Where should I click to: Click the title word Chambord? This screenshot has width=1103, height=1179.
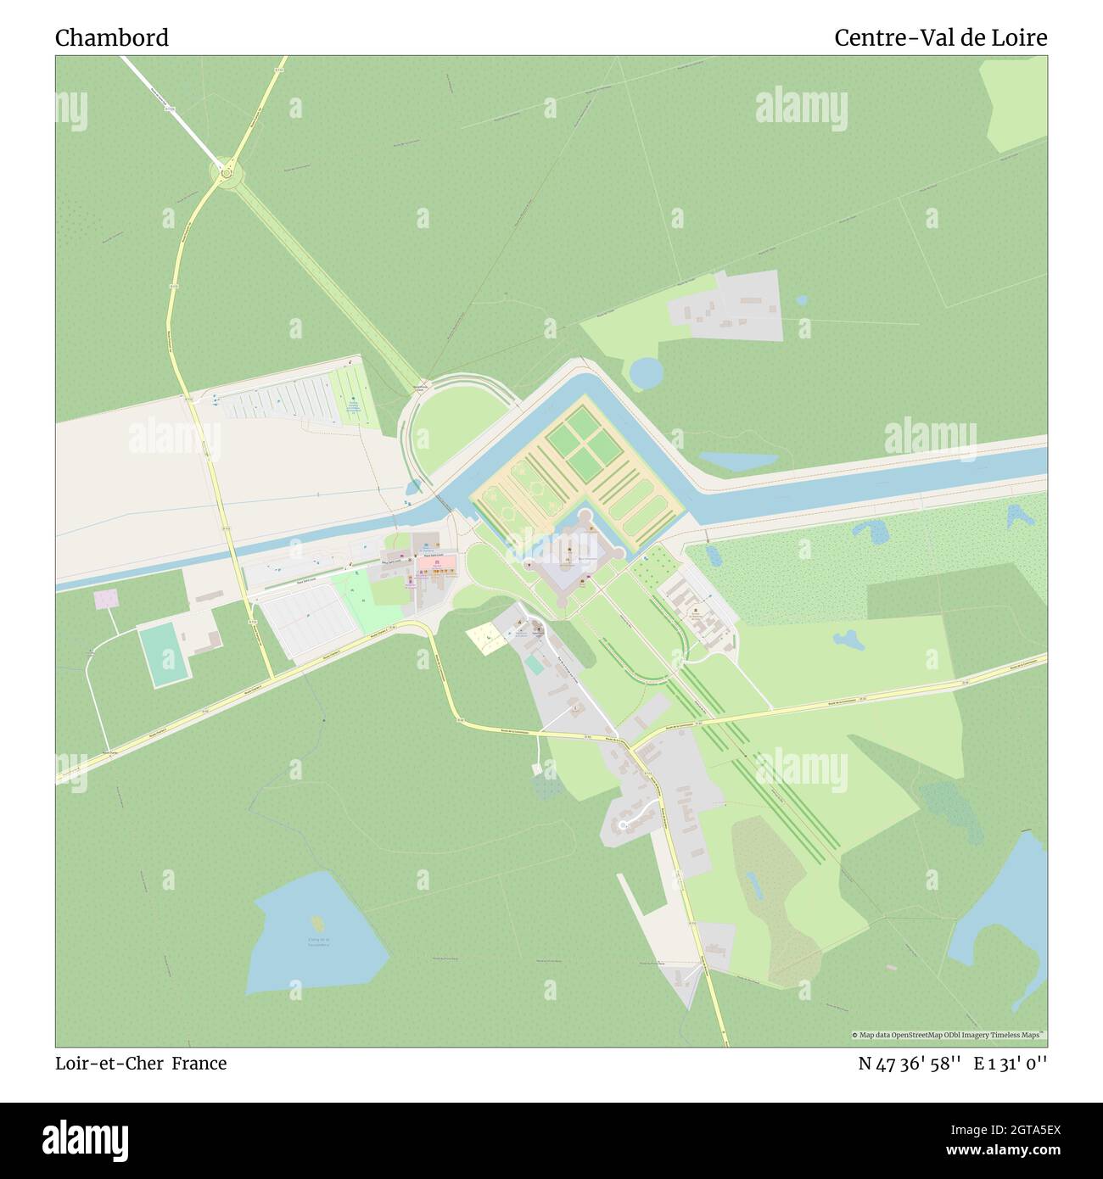(112, 38)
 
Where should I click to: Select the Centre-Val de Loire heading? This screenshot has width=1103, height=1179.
(940, 38)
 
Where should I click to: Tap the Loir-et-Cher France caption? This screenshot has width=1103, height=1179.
(141, 1063)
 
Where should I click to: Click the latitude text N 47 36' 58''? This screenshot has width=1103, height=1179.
(909, 1063)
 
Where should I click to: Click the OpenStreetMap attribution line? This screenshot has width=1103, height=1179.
(949, 1035)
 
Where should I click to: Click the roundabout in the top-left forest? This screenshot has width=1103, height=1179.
(227, 173)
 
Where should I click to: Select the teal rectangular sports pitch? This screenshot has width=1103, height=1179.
(163, 656)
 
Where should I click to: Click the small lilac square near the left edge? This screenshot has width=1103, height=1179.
(106, 600)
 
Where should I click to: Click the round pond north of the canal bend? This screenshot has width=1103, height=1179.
(647, 372)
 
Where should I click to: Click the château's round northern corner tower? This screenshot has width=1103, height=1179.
(584, 515)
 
